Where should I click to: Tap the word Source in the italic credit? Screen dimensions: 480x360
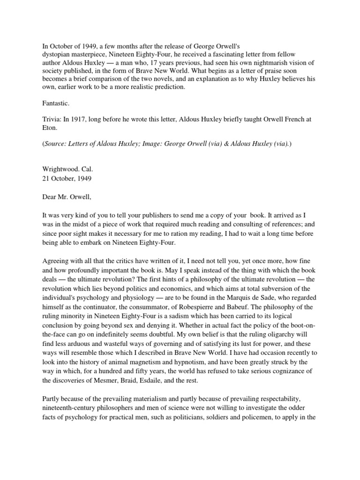coord(56,144)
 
